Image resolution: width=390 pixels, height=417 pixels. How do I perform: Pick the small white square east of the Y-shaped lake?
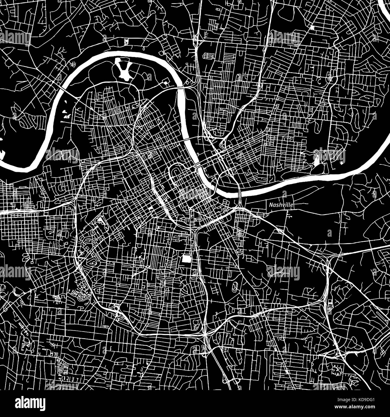click(x=165, y=82)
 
